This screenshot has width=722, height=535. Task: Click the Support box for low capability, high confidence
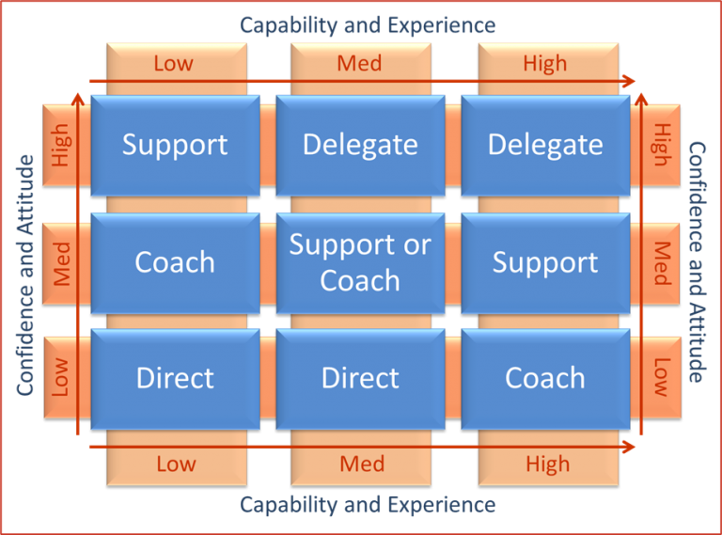[x=175, y=145]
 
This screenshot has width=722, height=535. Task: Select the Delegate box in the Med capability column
[x=360, y=145]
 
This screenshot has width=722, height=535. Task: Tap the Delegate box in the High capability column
[x=545, y=145]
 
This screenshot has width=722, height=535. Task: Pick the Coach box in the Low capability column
[x=175, y=262]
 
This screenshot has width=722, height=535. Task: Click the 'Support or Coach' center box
[x=360, y=262]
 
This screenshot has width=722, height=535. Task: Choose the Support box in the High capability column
[x=545, y=262]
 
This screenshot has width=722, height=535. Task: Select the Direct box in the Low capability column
[x=175, y=378]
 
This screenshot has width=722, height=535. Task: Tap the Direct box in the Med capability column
[x=360, y=378]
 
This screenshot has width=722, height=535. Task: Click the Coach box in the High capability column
[x=545, y=378]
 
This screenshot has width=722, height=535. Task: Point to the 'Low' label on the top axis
[x=174, y=64]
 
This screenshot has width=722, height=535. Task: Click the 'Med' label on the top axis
[x=360, y=64]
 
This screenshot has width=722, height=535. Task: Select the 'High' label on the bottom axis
[x=547, y=464]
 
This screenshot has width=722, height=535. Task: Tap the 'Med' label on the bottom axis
[x=362, y=464]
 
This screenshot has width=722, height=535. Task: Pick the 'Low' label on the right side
[x=662, y=377]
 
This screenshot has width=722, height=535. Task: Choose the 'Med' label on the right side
[x=662, y=263]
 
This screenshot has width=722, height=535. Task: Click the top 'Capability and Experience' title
[x=368, y=24]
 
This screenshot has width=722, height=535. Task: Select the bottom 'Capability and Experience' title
[x=368, y=505]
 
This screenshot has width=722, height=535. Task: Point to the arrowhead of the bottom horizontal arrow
[x=631, y=448]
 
